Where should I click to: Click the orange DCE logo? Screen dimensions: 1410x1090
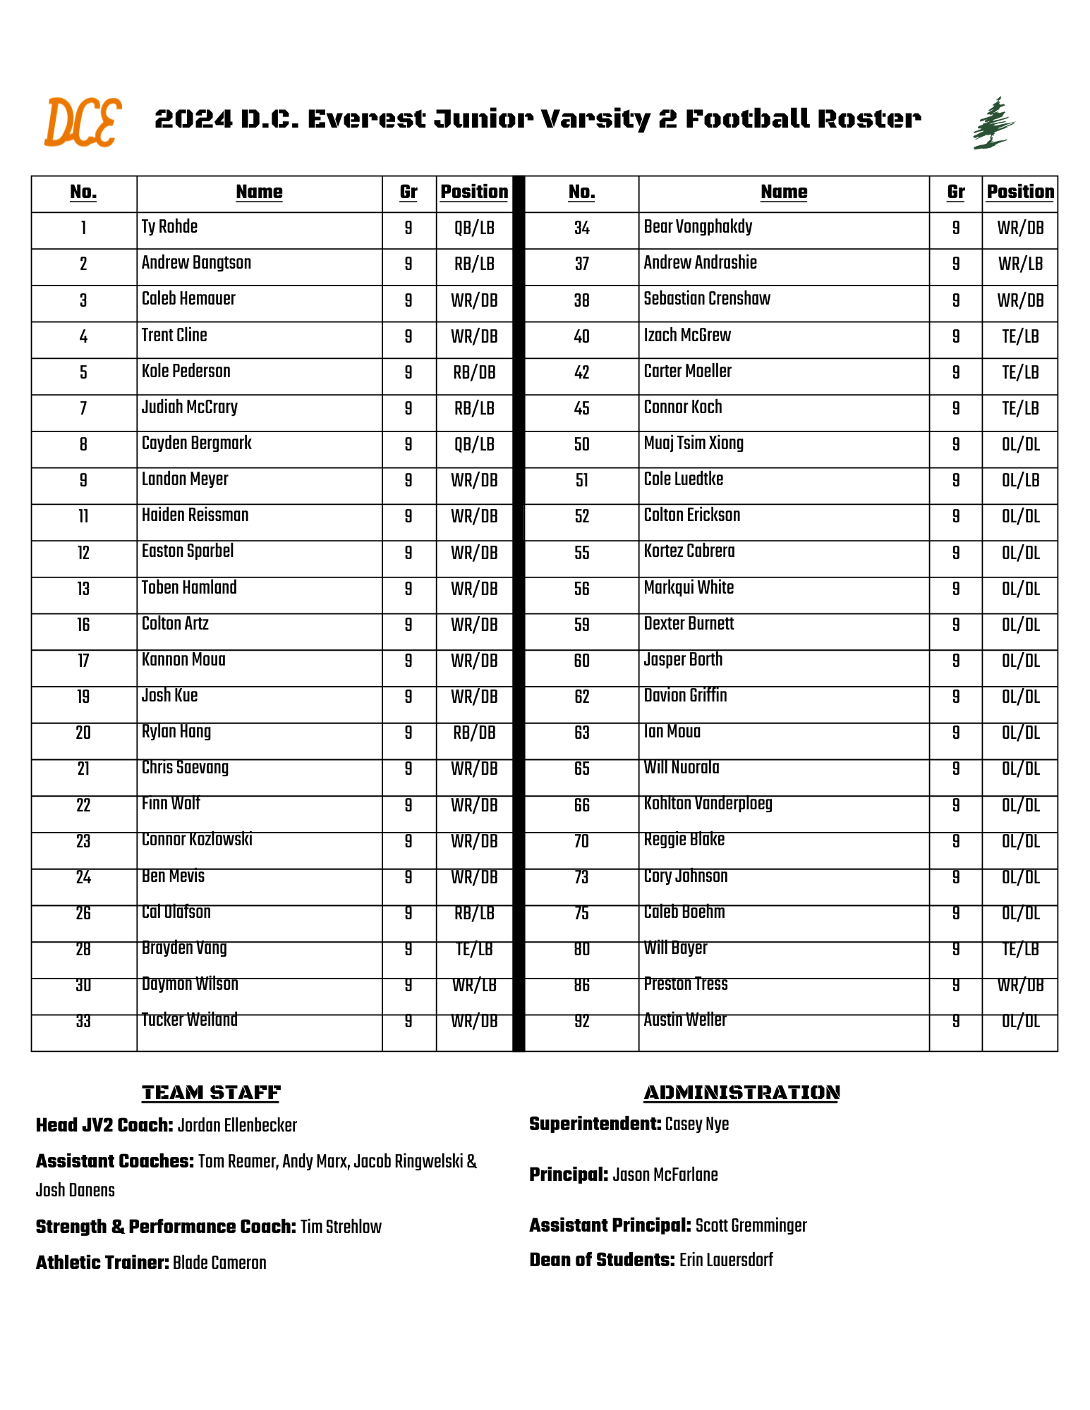point(83,123)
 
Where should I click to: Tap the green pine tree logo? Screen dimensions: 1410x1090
point(993,123)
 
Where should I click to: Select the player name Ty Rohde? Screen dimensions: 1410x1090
point(169,227)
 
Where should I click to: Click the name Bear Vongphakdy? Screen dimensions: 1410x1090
point(698,227)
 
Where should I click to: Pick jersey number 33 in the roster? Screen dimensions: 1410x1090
point(83,1022)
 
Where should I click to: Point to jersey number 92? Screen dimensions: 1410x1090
point(581,1022)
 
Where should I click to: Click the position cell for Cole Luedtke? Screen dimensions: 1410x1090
point(1020,481)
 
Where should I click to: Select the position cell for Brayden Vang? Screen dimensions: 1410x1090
point(474,950)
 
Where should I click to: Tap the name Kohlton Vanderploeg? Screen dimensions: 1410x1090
point(708,804)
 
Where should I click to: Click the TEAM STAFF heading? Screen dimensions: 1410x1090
point(211,1093)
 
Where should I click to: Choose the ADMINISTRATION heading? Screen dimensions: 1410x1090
point(741,1093)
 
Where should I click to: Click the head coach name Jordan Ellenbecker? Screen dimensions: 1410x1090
point(237,1125)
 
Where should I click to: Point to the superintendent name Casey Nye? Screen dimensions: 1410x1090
point(696,1124)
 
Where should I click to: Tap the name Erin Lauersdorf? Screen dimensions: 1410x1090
point(726,1260)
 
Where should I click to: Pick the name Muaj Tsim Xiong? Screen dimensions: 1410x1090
point(694,443)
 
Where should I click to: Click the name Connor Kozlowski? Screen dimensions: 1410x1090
point(197,840)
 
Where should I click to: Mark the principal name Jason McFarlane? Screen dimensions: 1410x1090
point(665,1175)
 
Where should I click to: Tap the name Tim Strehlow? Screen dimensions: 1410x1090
point(341,1227)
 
